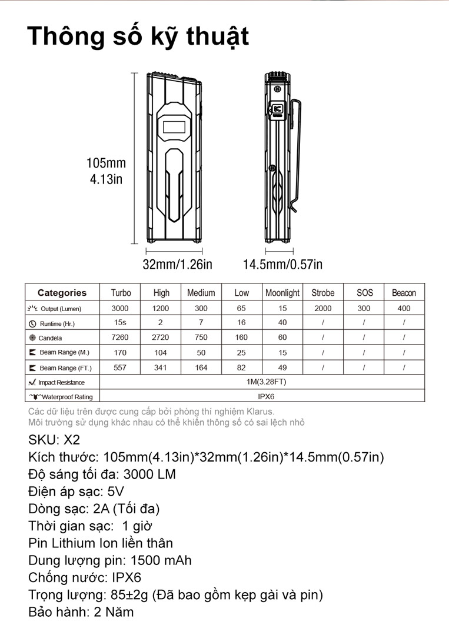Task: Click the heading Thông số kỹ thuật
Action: coord(138,36)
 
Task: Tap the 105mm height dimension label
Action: coord(106,163)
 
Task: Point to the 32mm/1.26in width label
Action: coord(177,265)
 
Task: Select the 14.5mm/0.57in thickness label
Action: coord(282,265)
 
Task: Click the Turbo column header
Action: coord(121,293)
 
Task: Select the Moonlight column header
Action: coord(282,293)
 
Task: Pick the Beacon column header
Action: coord(404,293)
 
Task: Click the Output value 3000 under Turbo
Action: coord(119,308)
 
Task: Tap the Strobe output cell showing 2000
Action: coord(322,308)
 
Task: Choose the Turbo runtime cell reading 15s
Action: coord(119,323)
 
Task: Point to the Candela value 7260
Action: coord(119,337)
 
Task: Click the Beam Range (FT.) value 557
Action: coord(119,367)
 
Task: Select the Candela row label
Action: coord(50,338)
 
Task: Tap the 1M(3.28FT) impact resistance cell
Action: coord(266,382)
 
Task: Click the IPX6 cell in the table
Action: coord(266,397)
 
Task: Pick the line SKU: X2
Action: coord(54,440)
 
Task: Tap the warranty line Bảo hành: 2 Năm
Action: coord(81,611)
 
